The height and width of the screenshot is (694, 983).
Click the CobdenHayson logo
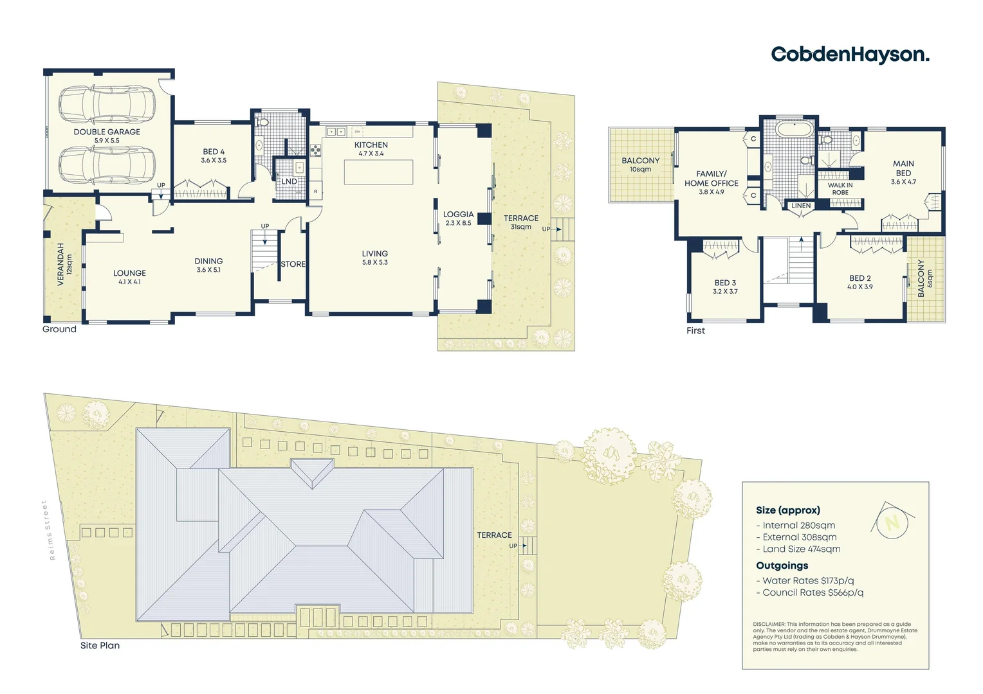coord(850,55)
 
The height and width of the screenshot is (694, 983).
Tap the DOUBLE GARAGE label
coord(107,132)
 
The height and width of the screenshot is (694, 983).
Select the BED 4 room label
coord(214,152)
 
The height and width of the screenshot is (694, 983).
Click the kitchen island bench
coord(378,172)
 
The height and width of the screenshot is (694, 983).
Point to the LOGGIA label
coord(458,215)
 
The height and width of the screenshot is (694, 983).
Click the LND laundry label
coord(289,182)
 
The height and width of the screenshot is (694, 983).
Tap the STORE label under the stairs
coord(293,264)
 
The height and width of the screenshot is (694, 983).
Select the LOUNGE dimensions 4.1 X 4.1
coord(129,282)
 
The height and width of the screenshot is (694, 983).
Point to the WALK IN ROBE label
coord(840,189)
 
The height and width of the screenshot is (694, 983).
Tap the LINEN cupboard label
coord(801,206)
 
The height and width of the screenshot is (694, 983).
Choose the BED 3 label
coord(725,283)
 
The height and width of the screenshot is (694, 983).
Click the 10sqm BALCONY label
coord(640,165)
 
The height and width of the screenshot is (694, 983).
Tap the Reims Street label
coord(45,530)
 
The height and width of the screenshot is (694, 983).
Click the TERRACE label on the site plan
coord(494,535)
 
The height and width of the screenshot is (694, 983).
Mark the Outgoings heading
coord(782,565)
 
